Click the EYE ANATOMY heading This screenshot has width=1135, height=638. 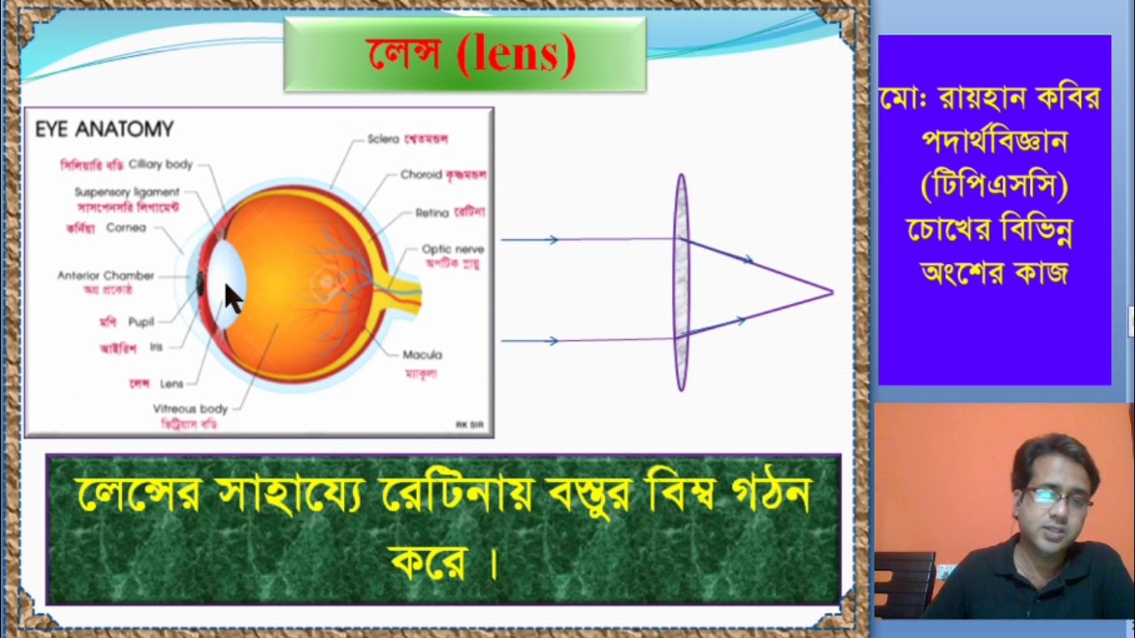coord(104,129)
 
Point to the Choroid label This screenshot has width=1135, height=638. coord(420,175)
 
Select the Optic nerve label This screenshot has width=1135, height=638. coord(452,250)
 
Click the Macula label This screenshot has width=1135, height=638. coord(422,354)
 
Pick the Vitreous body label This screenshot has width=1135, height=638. coord(191,408)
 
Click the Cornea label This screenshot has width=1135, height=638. coord(126,228)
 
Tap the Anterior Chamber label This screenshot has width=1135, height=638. coord(106,276)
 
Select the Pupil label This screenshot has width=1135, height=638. coord(141,322)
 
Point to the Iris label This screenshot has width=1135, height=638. coord(156,347)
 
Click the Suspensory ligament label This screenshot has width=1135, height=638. coord(127,192)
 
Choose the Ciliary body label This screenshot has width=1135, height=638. coord(160,164)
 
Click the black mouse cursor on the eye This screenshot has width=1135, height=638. coord(233,298)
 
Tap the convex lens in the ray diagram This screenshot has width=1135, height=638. coord(681,282)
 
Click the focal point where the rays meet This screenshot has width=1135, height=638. coord(832,292)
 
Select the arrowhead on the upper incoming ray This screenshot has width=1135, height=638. coord(552,240)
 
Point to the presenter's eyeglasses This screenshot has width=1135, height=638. coord(1059,499)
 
